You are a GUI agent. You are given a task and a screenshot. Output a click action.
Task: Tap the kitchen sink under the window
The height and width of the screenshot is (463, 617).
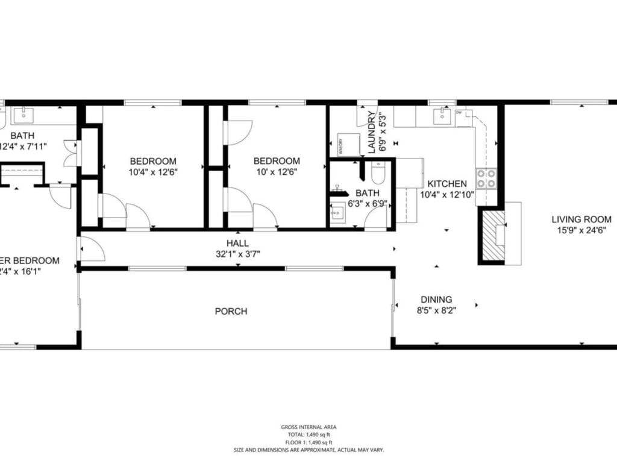(x=445, y=116)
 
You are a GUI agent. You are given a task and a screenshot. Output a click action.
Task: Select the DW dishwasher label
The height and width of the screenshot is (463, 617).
(x=459, y=113)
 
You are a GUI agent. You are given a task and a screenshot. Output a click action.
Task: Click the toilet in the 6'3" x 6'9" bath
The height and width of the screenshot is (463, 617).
(x=378, y=175)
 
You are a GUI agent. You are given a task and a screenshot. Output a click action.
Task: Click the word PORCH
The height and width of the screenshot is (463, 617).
(x=231, y=311)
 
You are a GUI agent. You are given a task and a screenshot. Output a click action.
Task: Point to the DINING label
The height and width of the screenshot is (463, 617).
(x=436, y=299)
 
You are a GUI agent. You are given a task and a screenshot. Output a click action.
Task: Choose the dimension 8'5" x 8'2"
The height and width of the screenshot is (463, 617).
(x=436, y=310)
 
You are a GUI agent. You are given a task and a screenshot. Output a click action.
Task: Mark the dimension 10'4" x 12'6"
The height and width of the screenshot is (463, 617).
(x=153, y=171)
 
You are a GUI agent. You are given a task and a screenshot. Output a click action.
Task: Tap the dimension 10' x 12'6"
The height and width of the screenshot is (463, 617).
(x=277, y=171)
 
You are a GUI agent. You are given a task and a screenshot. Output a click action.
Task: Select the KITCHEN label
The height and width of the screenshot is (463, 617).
(x=447, y=183)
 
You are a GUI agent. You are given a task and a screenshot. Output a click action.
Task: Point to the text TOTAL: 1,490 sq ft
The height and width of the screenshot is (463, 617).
(x=308, y=435)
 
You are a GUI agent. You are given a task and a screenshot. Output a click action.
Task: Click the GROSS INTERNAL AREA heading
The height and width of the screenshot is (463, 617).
(x=308, y=427)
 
